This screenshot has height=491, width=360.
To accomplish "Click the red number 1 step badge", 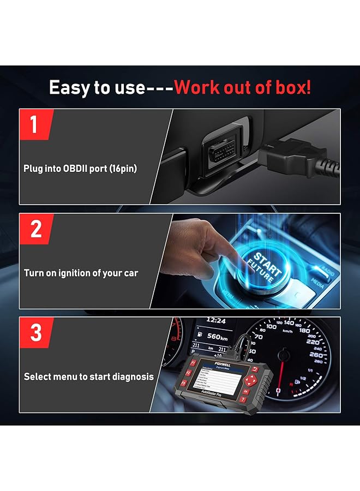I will pyautogui.click(x=34, y=124).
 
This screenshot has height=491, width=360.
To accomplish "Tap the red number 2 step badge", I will pyautogui.click(x=35, y=229).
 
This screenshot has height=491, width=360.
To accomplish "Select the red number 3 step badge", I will pyautogui.click(x=35, y=332).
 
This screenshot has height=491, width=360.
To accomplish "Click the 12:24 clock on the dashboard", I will pyautogui.click(x=216, y=321).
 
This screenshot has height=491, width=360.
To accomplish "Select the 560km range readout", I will pyautogui.click(x=217, y=337).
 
